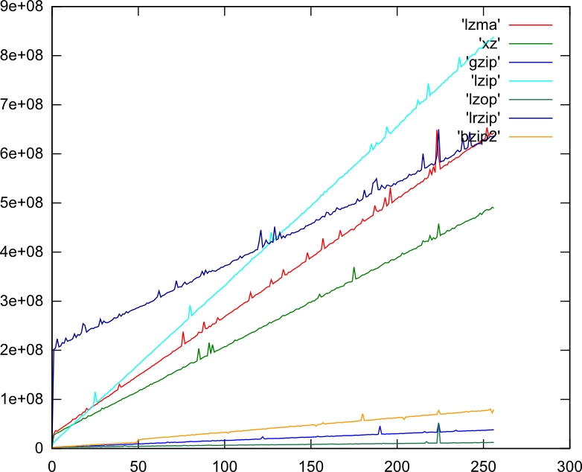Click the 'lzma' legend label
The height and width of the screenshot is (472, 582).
click(479, 27)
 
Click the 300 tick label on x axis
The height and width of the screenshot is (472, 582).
click(569, 462)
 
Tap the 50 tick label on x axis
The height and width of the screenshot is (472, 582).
click(138, 462)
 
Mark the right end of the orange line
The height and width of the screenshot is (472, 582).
click(493, 410)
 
